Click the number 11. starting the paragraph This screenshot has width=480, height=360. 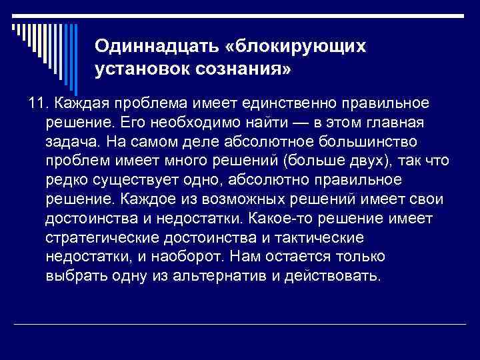pos(39,103)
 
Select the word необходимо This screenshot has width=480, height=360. pos(186,123)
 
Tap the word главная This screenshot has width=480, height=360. pos(392,123)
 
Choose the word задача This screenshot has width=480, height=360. pos(72,142)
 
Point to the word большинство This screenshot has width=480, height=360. pos(379,142)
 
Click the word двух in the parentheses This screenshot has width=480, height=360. pos(377,161)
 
